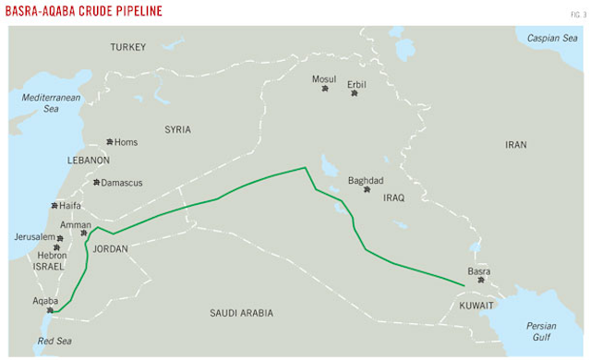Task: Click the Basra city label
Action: point(479,271)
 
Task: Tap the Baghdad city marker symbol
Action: point(368,190)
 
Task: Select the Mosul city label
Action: point(324,79)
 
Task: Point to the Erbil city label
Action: point(356,84)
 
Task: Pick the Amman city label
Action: point(76,225)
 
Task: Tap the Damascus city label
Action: point(122,183)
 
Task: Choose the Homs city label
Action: point(126,142)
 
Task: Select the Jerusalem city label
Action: point(34,237)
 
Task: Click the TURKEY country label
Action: point(128,46)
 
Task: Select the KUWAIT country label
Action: point(477,305)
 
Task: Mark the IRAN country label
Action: point(514,145)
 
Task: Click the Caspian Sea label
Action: point(550,38)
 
